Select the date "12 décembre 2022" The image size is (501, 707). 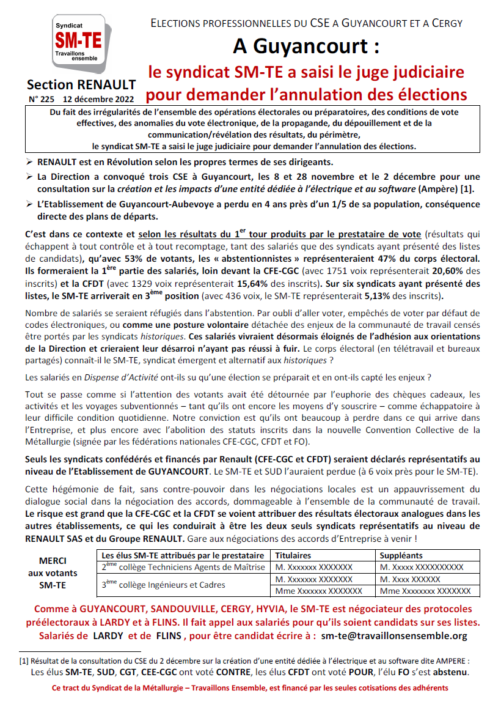point(100,98)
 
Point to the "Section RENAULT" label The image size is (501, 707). point(81,84)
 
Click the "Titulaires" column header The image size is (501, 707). point(293,555)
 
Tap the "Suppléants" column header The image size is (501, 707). point(401,555)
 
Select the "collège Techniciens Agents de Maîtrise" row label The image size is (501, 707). point(183,567)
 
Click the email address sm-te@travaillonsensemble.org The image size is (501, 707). point(393,635)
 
